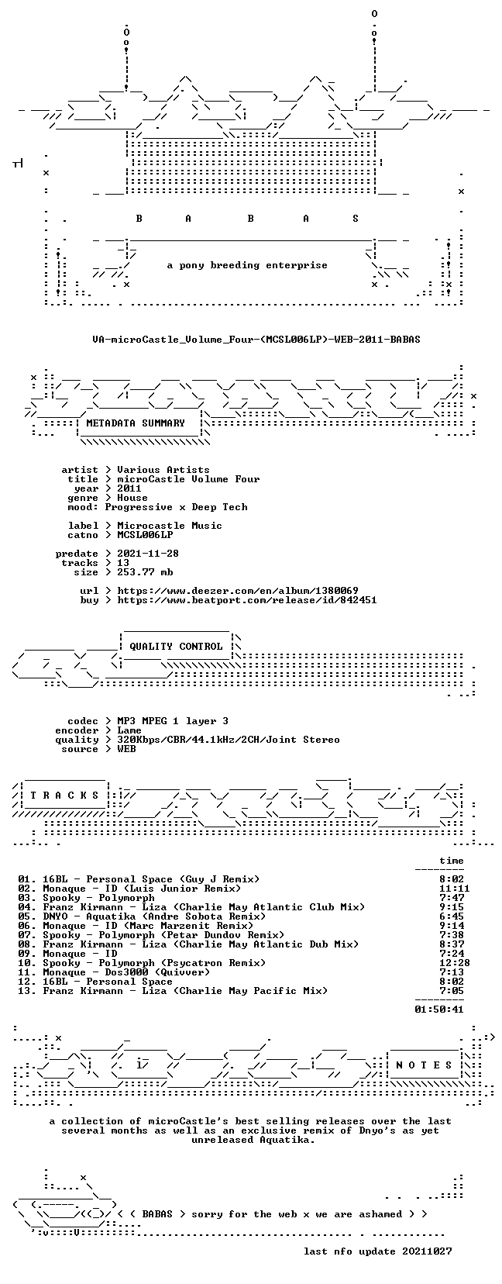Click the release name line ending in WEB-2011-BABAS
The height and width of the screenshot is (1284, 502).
coord(256,340)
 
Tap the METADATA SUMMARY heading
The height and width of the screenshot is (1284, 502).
coord(136,423)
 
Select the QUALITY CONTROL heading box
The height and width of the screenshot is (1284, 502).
coord(176,646)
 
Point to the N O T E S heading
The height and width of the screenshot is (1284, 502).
coord(425,1065)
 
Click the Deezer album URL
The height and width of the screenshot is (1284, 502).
coord(238,590)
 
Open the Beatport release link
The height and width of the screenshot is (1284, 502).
coord(246,600)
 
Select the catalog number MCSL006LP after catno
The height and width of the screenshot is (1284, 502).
coord(145,535)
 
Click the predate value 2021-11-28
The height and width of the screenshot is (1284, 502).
coord(148,553)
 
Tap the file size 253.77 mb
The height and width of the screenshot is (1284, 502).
coord(145,572)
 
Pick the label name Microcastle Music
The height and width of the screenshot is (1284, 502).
coord(170,526)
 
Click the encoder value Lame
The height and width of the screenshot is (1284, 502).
coord(129,730)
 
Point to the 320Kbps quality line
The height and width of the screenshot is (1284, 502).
coord(229,740)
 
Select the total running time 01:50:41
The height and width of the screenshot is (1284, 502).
coord(439,1009)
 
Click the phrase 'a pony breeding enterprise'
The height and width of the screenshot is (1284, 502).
coord(247,265)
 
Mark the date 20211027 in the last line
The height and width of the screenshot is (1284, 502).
coord(427,1251)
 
